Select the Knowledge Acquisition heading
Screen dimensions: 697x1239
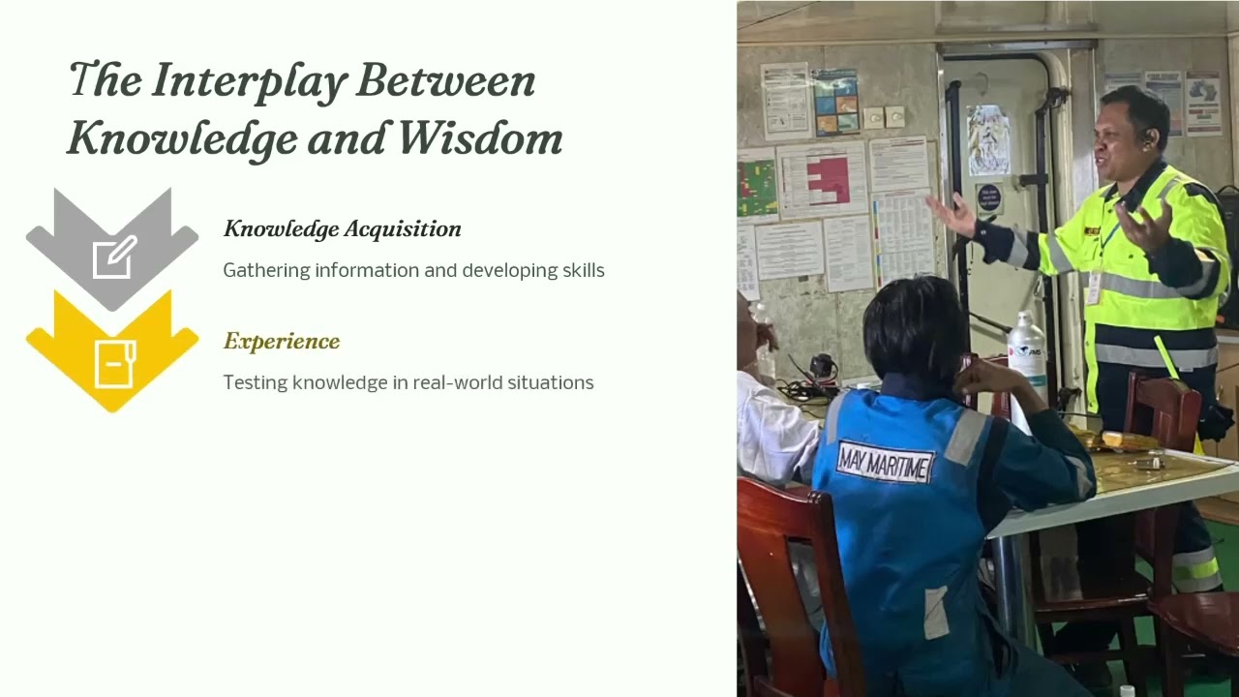342,229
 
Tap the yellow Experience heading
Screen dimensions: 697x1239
282,342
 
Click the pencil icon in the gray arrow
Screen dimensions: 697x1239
113,258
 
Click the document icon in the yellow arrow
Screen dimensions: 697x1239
113,363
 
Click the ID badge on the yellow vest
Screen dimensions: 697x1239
1094,287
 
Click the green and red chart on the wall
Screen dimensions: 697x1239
757,186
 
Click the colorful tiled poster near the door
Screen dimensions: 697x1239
835,102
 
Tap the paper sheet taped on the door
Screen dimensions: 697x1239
988,140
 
